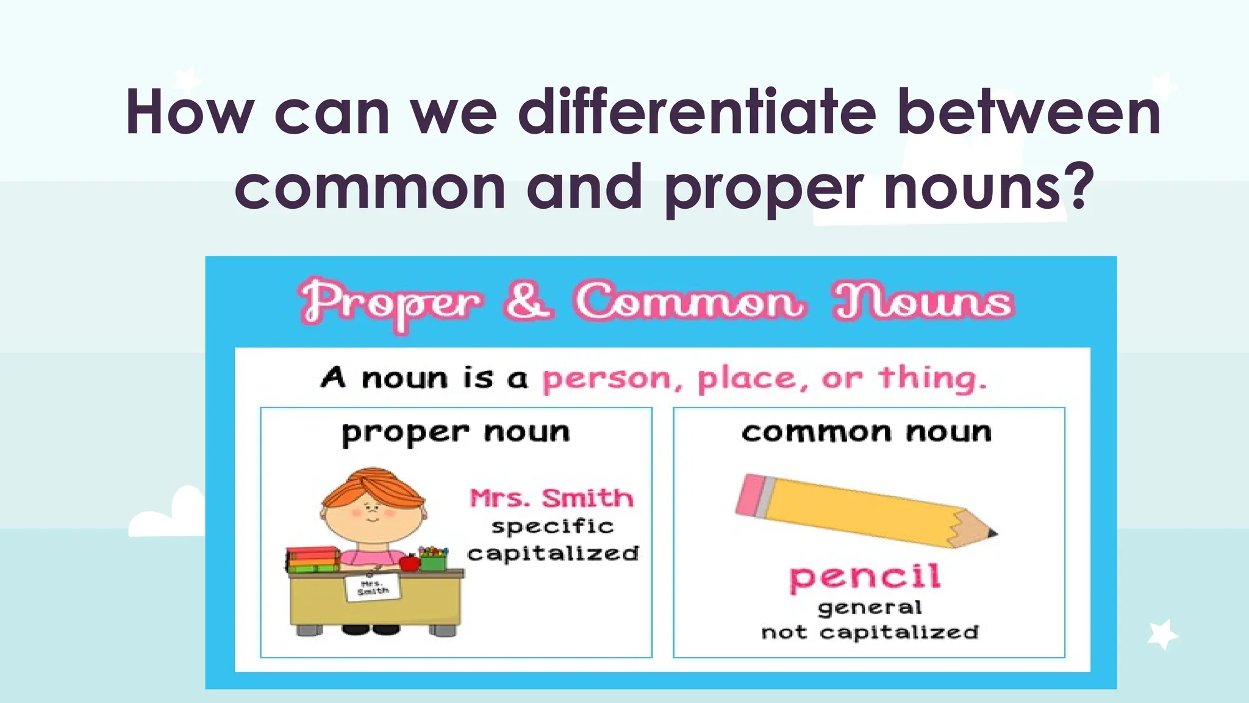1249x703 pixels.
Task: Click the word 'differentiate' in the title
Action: tap(697, 113)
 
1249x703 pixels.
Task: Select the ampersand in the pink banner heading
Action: tap(528, 301)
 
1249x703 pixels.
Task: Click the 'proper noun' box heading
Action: tap(456, 433)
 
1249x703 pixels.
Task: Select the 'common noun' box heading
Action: tap(867, 433)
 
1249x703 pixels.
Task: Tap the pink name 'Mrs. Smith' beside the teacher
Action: tap(551, 498)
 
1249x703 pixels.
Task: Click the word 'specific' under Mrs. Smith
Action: tap(553, 526)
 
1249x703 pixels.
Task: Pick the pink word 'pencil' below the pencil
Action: tap(865, 577)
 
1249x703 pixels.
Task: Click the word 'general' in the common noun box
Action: tap(870, 607)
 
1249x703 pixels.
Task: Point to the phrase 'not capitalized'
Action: tap(870, 632)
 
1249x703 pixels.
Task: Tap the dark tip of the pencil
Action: tap(992, 533)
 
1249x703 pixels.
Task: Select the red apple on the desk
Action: tap(409, 561)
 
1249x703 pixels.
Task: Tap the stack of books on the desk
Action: tap(313, 559)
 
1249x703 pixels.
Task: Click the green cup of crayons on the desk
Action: tap(434, 558)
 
